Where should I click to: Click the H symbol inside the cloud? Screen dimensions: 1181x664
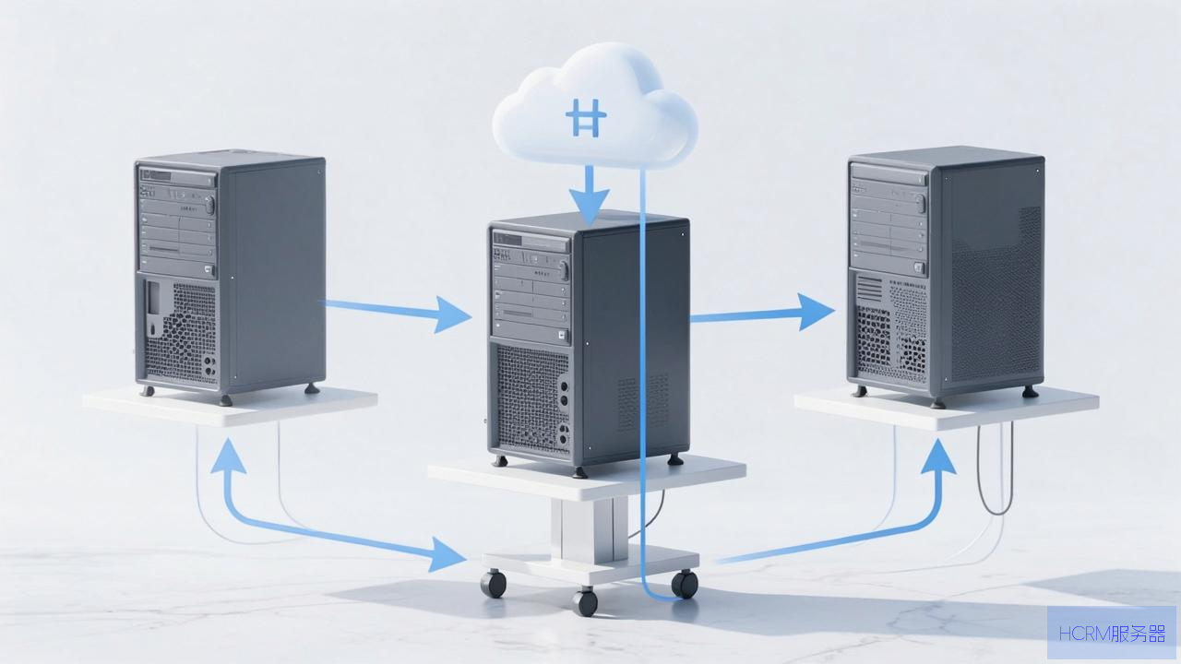point(586,118)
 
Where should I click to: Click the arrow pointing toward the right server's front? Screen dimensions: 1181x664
point(762,314)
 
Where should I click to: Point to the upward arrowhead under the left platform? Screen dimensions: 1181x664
point(228,456)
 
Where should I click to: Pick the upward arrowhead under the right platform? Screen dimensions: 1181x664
point(938,456)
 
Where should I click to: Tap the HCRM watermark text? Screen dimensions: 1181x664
point(1113,634)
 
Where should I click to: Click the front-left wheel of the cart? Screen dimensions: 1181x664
point(494,584)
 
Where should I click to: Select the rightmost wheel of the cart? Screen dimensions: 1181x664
point(685,584)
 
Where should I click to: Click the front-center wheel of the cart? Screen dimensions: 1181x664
point(585,602)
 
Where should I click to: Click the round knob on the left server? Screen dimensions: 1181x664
point(209,205)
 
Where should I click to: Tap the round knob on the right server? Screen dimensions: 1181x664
point(921,203)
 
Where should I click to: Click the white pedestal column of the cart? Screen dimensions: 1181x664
point(590,529)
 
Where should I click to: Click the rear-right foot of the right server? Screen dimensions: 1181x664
point(1031,392)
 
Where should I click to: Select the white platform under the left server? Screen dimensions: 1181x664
point(230,406)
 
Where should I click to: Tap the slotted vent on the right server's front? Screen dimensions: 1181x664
point(869,289)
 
